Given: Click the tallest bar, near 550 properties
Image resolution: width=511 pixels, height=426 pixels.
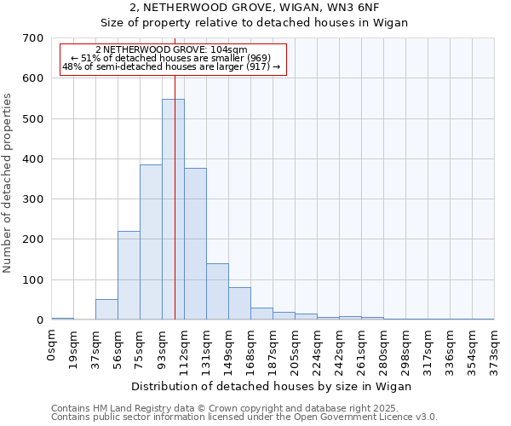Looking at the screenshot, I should tap(173, 210).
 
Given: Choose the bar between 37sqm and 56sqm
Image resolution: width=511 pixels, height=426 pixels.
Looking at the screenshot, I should tap(106, 310).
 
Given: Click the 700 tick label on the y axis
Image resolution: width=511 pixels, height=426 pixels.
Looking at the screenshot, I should tap(34, 38).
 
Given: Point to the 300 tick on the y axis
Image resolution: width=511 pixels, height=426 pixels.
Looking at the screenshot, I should tap(34, 199).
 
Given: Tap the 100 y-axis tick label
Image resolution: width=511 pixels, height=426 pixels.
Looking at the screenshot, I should tap(34, 279).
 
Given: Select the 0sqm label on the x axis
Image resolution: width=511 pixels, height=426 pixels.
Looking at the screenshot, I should tap(52, 343).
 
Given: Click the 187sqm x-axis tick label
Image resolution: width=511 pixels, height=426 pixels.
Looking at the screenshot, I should tap(273, 346).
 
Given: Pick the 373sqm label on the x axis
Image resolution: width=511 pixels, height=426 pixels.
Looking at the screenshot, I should tap(495, 346).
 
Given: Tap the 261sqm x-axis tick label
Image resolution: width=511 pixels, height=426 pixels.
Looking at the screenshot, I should tap(362, 346).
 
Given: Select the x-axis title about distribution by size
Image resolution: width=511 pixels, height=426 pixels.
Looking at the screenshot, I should tap(273, 386).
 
